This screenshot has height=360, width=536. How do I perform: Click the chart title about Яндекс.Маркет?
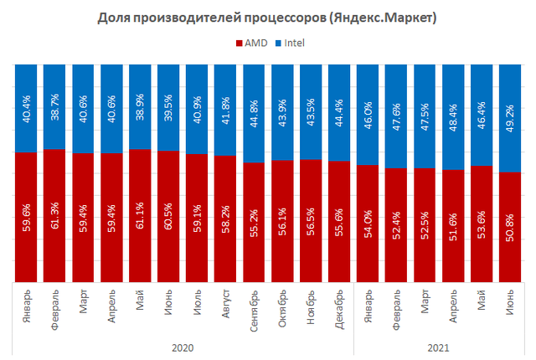[268, 17]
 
